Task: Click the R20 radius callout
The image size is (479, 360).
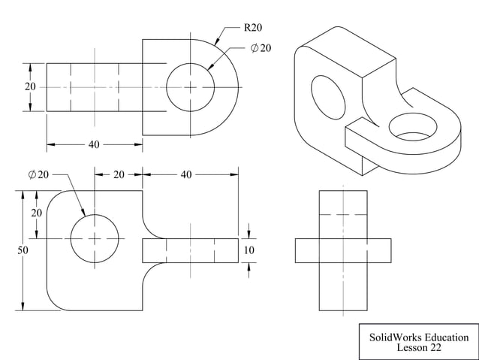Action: tap(252, 28)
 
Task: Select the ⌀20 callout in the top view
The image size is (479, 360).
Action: tap(261, 48)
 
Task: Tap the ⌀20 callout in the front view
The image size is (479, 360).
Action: tap(38, 174)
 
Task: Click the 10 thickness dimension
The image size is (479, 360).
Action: tap(249, 250)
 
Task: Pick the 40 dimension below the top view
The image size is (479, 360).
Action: tap(94, 144)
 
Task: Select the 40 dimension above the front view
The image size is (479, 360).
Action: tap(186, 174)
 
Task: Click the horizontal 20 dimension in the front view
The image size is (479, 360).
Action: tap(119, 174)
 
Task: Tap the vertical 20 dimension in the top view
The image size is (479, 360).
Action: tap(30, 87)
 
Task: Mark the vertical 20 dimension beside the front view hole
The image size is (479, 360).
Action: tap(36, 213)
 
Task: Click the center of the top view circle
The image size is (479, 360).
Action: tap(190, 87)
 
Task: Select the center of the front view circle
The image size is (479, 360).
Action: tap(95, 238)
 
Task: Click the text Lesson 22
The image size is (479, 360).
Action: tap(418, 348)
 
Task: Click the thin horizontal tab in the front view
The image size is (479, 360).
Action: tap(190, 250)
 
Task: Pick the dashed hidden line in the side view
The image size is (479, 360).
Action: tap(343, 215)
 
